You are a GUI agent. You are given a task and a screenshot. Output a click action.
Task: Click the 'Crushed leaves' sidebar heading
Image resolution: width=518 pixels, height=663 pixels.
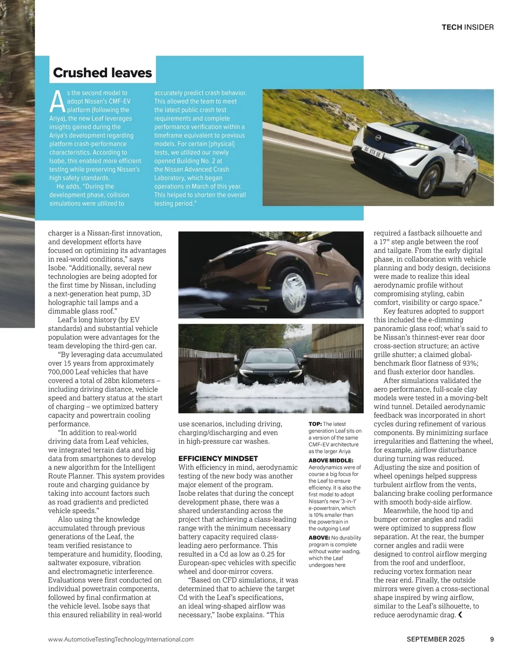tap(102, 73)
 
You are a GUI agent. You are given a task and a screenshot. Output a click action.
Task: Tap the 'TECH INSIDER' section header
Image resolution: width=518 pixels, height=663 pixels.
tap(467, 27)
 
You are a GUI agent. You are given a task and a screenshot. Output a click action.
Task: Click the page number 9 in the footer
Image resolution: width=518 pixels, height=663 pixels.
tap(492, 639)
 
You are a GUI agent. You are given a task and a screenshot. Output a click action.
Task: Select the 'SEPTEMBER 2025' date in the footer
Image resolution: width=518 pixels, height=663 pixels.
tap(436, 639)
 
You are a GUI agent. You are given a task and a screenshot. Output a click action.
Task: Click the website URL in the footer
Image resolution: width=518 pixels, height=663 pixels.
tap(121, 639)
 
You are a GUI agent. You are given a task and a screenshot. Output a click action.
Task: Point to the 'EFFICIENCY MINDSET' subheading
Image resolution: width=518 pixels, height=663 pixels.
tap(218, 458)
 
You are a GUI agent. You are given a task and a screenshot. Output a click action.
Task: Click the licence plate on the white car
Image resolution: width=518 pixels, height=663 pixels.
tap(372, 152)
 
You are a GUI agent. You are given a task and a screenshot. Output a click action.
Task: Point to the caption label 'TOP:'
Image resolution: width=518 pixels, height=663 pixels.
tap(315, 424)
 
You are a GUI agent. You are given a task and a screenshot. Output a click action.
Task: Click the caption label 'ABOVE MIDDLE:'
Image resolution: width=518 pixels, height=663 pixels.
tap(331, 460)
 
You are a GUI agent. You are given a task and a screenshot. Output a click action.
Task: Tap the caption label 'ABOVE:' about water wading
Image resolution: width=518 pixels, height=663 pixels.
tap(319, 538)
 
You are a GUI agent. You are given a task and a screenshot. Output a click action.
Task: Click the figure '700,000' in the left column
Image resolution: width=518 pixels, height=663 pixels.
tap(61, 372)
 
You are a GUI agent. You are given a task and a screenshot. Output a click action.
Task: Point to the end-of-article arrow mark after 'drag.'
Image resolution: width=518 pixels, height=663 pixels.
tap(460, 615)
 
